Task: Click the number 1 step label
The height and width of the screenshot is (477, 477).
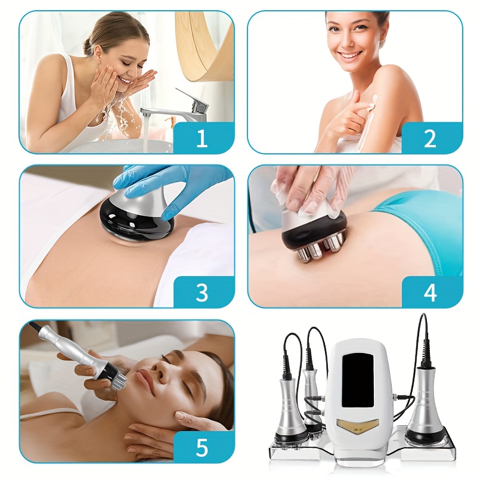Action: [202, 138]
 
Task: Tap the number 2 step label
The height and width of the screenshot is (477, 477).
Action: [429, 139]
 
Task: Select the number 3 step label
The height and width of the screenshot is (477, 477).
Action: [202, 293]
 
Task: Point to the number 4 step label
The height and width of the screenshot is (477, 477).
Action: [430, 293]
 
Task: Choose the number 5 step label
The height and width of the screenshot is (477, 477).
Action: [202, 447]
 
